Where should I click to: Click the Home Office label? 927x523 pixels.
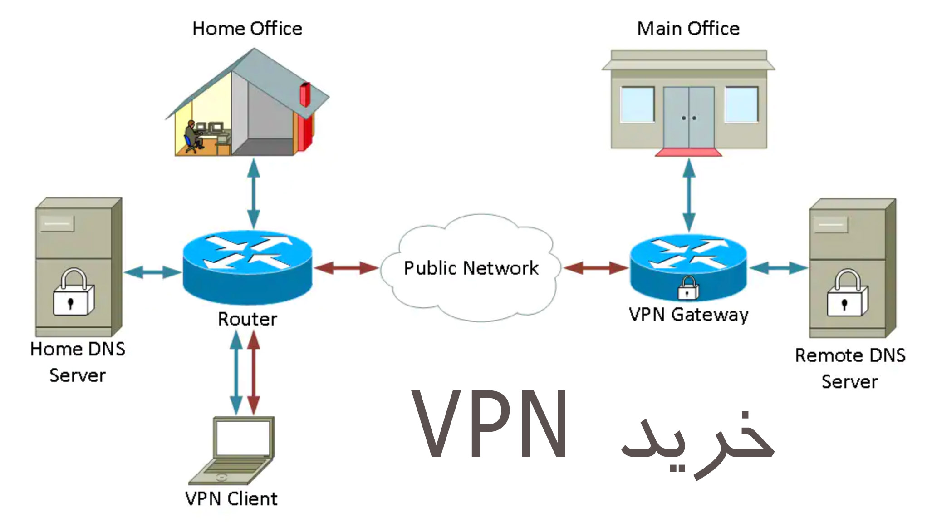247,29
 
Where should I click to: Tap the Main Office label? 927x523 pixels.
688,29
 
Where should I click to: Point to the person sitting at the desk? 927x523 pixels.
191,135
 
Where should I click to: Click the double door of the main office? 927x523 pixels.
688,118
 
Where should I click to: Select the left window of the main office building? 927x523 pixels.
637,105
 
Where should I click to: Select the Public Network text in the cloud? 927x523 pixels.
471,268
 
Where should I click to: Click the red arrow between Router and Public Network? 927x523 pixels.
346,268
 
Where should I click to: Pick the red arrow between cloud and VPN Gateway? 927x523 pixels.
596,268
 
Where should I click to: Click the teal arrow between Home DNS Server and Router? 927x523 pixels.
152,272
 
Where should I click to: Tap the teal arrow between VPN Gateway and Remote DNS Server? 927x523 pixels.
779,268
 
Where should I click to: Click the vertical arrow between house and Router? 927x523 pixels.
253,193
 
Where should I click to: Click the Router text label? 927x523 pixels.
247,319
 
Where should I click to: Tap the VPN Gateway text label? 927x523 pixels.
688,315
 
